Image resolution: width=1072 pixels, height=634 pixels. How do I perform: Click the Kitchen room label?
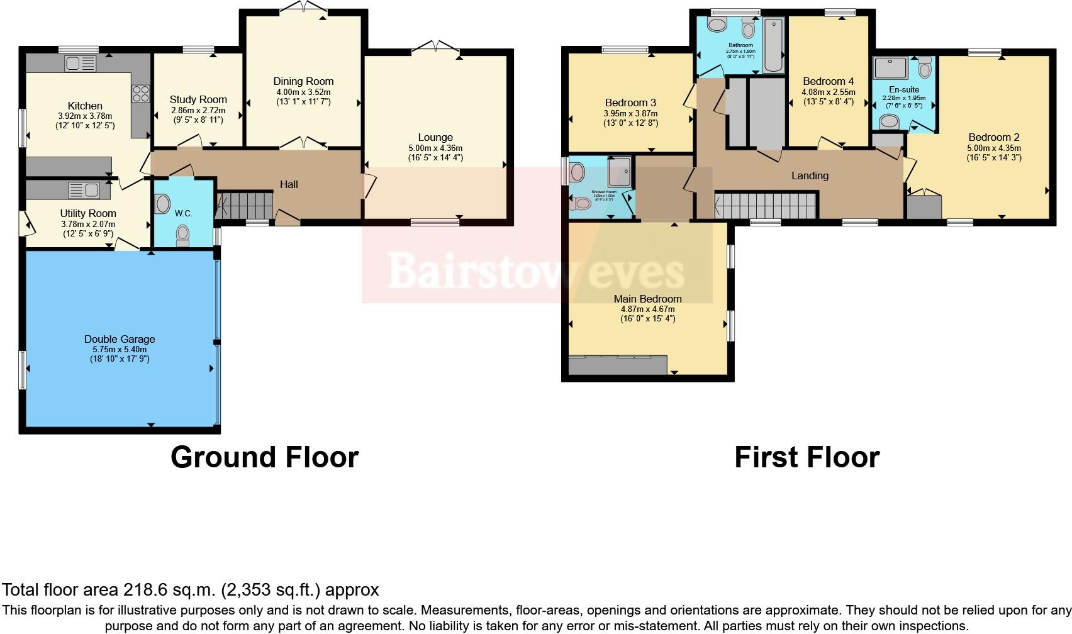coord(85,106)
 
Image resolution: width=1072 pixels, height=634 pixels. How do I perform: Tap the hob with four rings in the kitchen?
coord(140,94)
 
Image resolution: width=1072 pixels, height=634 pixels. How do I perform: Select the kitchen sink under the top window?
coord(81,64)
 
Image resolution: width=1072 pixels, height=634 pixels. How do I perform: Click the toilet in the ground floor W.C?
coord(183,234)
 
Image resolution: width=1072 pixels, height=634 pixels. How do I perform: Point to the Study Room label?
coord(198,99)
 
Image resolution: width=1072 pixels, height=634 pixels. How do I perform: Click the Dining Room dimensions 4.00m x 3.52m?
coord(303,92)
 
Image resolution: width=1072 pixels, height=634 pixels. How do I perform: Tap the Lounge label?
coord(435,137)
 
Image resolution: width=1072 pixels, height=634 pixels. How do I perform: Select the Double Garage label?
coord(120,339)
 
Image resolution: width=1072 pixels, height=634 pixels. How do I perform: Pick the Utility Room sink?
coord(84,189)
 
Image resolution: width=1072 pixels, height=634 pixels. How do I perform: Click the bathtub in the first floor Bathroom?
coord(773,45)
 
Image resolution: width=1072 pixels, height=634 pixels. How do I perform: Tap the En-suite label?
coord(903,89)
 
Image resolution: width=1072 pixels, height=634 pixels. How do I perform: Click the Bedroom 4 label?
coord(828,81)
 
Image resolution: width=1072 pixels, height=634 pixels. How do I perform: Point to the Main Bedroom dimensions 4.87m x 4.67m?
coord(647,309)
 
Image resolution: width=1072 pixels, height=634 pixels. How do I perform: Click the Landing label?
coord(810,175)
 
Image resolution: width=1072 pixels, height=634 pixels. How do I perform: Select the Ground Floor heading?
coord(264,457)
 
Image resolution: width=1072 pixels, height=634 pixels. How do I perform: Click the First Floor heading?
coord(807,457)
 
